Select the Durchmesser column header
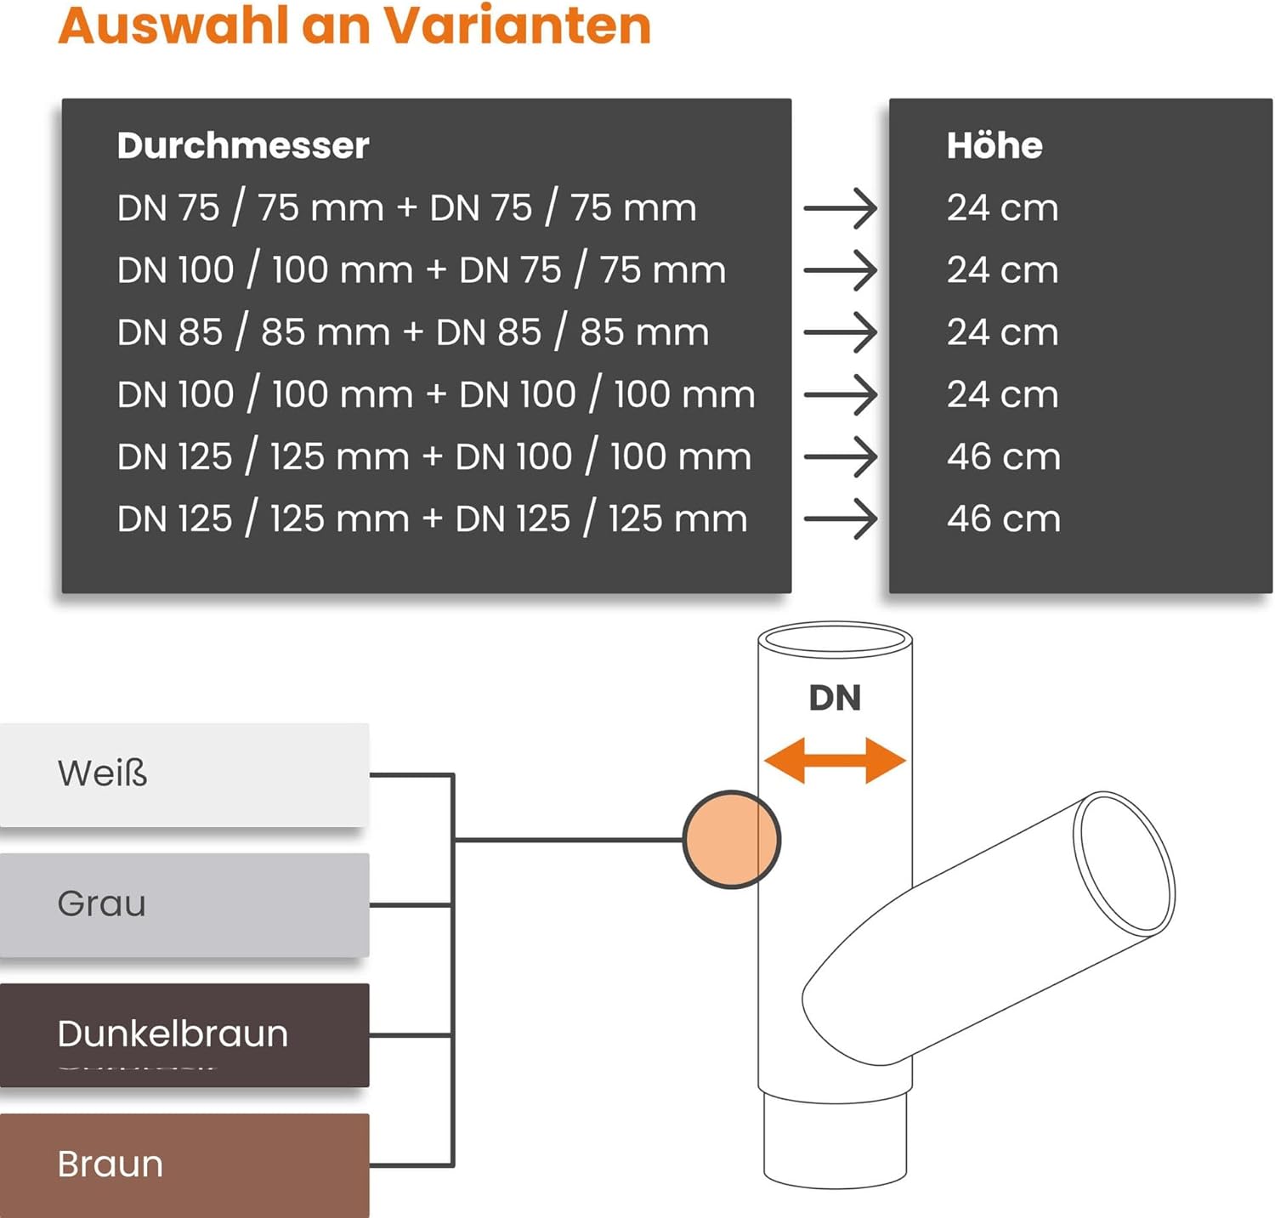[243, 145]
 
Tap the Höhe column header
[994, 145]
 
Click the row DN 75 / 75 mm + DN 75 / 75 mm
[406, 208]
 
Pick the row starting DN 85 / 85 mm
[413, 332]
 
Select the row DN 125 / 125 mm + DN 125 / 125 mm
[433, 519]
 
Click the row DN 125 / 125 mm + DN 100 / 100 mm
[434, 457]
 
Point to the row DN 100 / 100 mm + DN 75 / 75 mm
[422, 270]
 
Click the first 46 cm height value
[1004, 457]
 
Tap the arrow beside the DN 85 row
[841, 332]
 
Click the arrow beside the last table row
[841, 519]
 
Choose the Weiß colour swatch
[184, 774]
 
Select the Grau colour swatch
[184, 905]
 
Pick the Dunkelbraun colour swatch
[184, 1035]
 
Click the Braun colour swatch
[184, 1165]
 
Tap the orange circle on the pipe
[731, 840]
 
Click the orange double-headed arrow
[835, 760]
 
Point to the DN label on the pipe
[835, 698]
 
